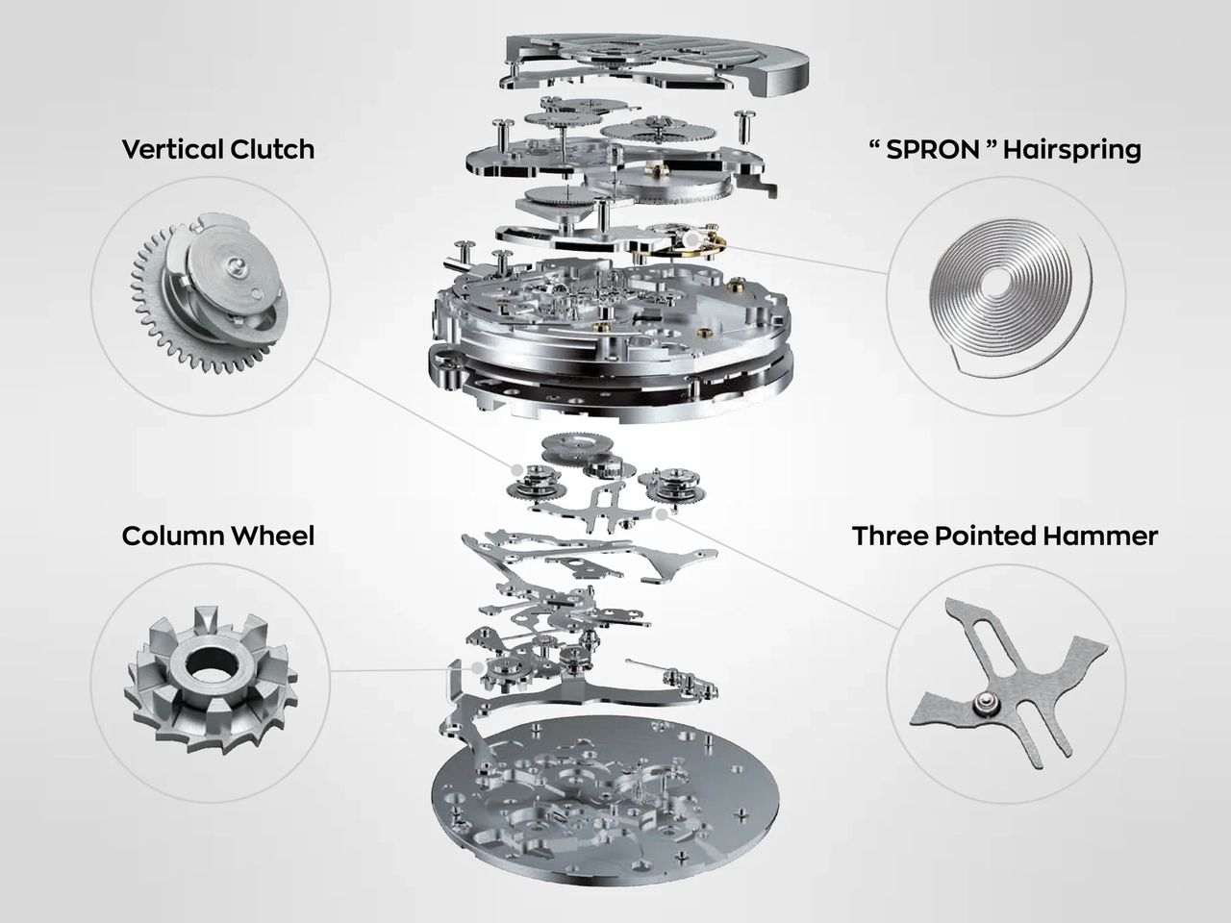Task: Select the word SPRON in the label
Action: click(x=933, y=150)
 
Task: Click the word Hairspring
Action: click(x=1071, y=151)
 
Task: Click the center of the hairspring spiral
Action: click(x=999, y=280)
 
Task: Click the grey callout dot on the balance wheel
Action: click(x=691, y=239)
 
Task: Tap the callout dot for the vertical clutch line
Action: click(x=517, y=469)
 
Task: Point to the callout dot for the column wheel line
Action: click(x=477, y=668)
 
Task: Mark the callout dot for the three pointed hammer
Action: click(x=663, y=513)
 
